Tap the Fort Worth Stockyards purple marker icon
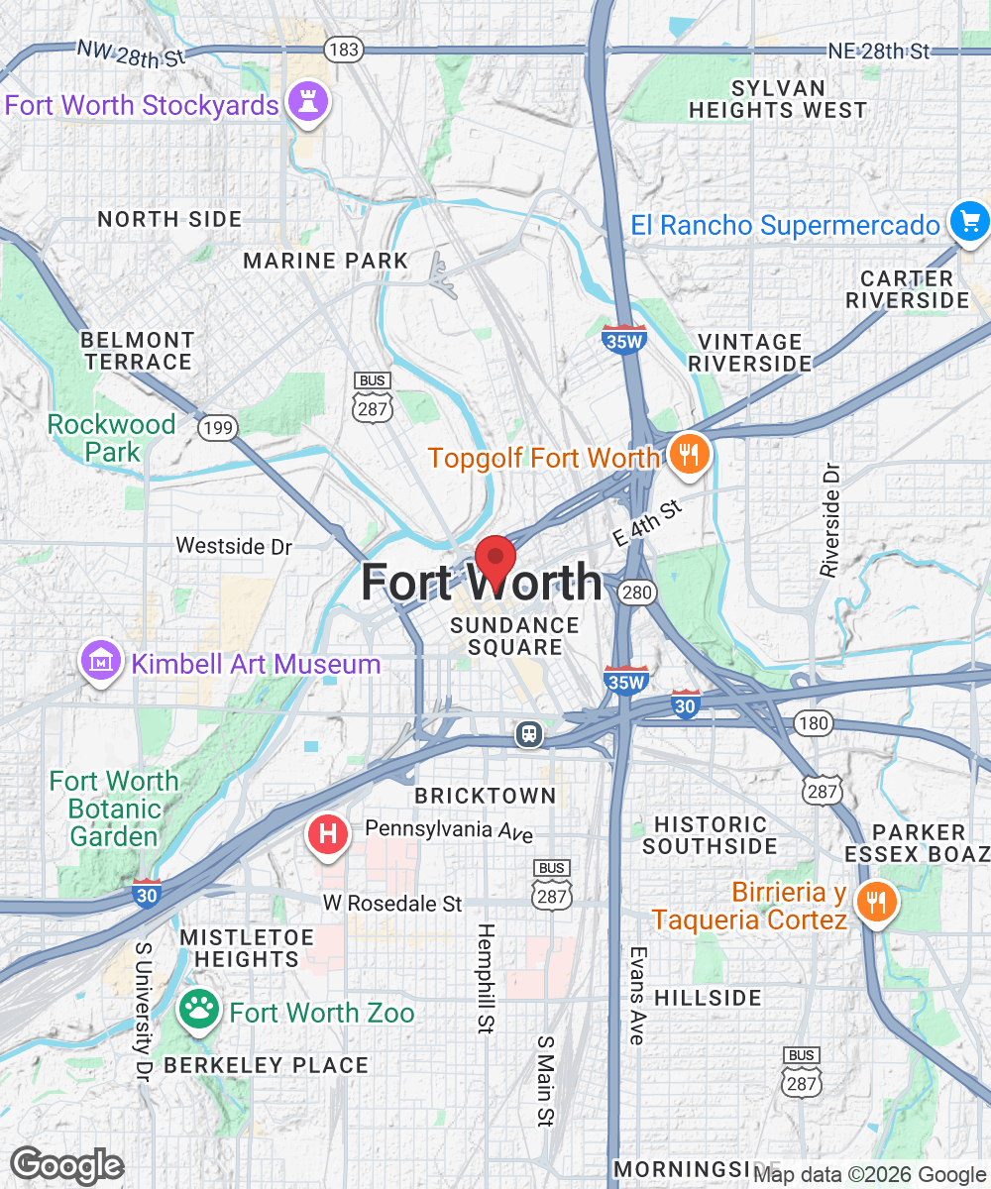307,102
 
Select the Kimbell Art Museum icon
102,662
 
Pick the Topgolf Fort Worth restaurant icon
686,456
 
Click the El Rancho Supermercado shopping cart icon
968,222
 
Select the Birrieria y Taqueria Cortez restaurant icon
875,902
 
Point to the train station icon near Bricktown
529,734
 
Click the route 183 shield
345,49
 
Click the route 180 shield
813,723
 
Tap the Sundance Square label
514,636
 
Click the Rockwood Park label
111,438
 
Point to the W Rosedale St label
392,904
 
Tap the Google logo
66,1165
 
